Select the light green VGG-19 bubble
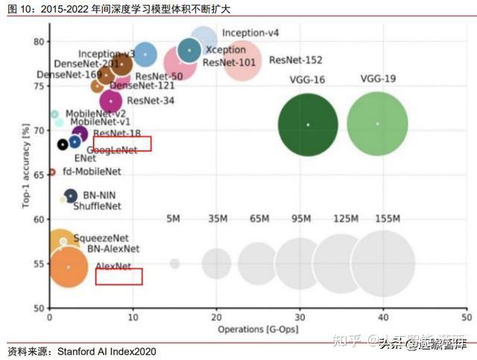pyautogui.click(x=377, y=124)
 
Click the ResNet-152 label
pyautogui.click(x=295, y=60)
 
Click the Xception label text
pyautogui.click(x=221, y=49)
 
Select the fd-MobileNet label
pyautogui.click(x=92, y=171)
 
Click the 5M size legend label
pyautogui.click(x=174, y=219)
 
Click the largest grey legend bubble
pyautogui.click(x=383, y=263)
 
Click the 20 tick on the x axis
pyautogui.click(x=216, y=316)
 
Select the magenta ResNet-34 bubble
pyautogui.click(x=111, y=101)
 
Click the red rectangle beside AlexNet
pyautogui.click(x=119, y=277)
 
